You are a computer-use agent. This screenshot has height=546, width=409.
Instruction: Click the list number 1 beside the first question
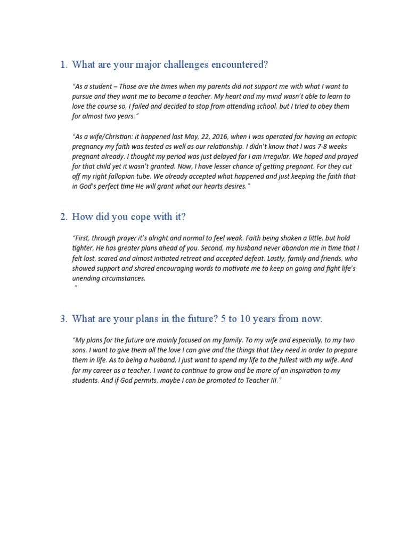(x=63, y=65)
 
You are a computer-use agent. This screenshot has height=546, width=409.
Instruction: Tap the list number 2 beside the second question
(x=63, y=217)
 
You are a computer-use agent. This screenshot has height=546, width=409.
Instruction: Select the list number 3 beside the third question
(x=63, y=319)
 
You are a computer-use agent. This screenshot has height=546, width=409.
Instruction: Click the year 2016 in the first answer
(x=214, y=136)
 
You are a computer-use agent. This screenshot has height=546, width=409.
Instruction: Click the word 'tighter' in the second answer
(x=81, y=248)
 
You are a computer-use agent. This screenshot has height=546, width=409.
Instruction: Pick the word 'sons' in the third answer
(x=79, y=350)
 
